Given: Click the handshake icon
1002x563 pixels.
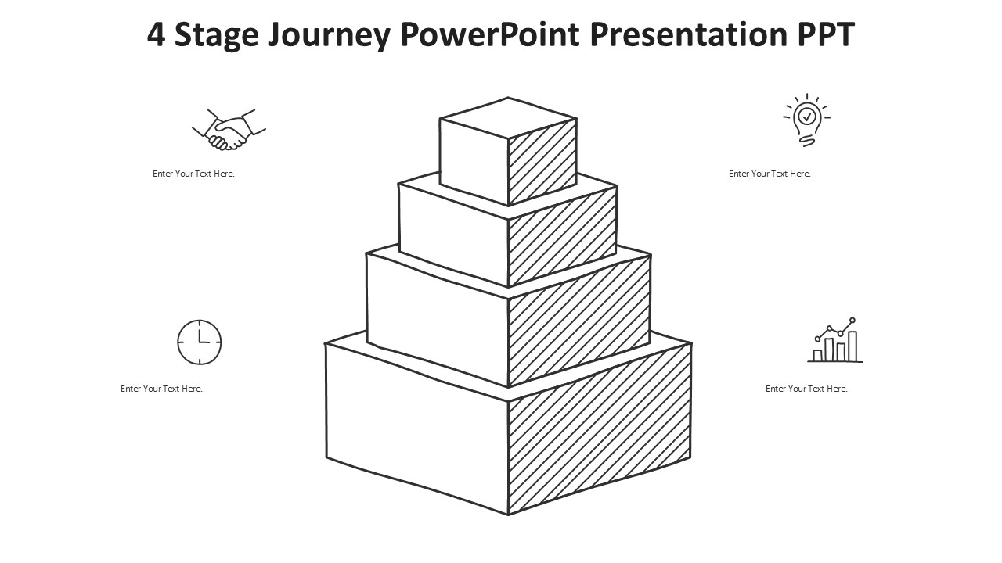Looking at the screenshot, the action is pos(229,129).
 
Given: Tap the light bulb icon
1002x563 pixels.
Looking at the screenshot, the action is pos(806,120).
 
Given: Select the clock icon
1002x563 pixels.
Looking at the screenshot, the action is pos(200,342).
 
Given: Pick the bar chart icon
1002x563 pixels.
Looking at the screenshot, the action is pos(835,339).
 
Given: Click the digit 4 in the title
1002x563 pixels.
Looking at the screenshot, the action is pos(156,34).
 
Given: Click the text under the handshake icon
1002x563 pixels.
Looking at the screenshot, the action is pos(193,174).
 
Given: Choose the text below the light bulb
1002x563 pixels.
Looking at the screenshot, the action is pos(770,174).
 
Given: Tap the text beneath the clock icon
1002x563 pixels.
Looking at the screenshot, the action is pos(161,389).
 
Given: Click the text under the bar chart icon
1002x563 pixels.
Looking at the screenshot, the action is pos(806,389).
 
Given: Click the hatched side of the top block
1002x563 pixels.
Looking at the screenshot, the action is pos(542,162).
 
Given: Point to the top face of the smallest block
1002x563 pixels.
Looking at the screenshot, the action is pos(508,118).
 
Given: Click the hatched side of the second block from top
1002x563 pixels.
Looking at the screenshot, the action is pos(562,237).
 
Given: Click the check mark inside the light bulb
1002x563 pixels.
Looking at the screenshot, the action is pos(807,117).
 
